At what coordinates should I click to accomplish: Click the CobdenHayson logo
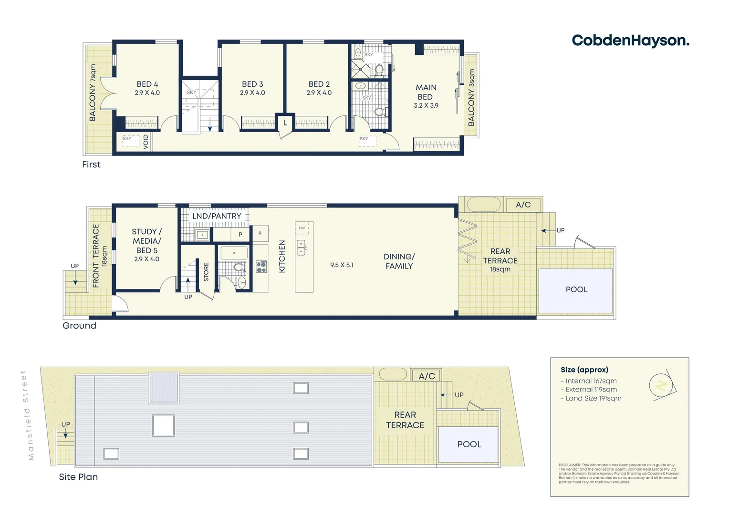pyautogui.click(x=630, y=41)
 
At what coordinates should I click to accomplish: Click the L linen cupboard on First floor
pyautogui.click(x=285, y=123)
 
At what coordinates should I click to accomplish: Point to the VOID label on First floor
pyautogui.click(x=146, y=142)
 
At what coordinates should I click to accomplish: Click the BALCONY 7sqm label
pyautogui.click(x=93, y=93)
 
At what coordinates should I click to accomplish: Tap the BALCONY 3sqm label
pyautogui.click(x=471, y=97)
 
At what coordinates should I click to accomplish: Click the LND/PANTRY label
pyautogui.click(x=217, y=216)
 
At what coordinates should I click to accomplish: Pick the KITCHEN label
pyautogui.click(x=282, y=257)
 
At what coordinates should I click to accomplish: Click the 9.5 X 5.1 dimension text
pyautogui.click(x=342, y=265)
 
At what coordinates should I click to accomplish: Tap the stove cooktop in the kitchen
pyautogui.click(x=261, y=267)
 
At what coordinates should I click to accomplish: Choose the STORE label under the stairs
pyautogui.click(x=206, y=272)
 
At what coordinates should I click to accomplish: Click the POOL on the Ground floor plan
pyautogui.click(x=576, y=290)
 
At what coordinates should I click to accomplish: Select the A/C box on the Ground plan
pyautogui.click(x=523, y=205)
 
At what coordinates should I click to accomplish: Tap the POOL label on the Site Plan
pyautogui.click(x=469, y=444)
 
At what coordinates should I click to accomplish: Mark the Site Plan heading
pyautogui.click(x=78, y=477)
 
